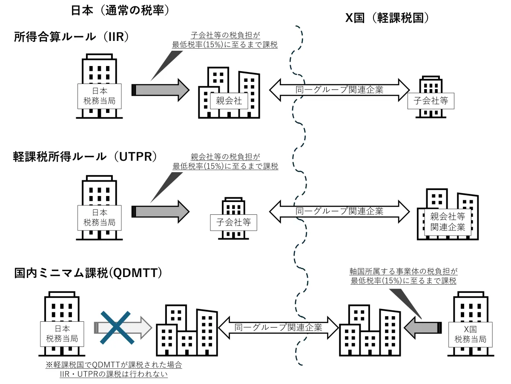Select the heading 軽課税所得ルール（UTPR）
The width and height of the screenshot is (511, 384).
point(85,156)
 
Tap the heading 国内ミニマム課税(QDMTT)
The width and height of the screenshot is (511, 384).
point(89,273)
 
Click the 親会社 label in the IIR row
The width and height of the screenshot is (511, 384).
point(229,101)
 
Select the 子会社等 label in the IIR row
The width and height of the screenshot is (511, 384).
point(431,101)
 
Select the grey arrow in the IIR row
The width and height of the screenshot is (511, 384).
point(161,90)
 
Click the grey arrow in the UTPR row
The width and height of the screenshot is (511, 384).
point(161,211)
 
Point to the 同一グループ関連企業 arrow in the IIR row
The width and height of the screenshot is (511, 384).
point(339,90)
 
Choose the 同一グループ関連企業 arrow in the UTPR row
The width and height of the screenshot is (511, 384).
point(339,211)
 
